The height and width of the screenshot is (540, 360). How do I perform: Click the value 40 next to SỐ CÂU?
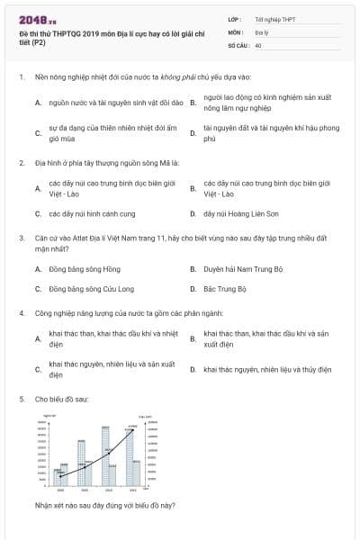258,44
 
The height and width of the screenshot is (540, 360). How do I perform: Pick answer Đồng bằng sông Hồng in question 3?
85,269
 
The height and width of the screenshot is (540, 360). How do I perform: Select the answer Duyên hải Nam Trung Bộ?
243,269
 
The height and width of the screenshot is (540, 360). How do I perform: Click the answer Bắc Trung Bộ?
224,289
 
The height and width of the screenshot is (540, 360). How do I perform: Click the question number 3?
21,238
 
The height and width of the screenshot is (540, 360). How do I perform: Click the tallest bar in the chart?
130,454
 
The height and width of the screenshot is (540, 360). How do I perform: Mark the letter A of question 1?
38,103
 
